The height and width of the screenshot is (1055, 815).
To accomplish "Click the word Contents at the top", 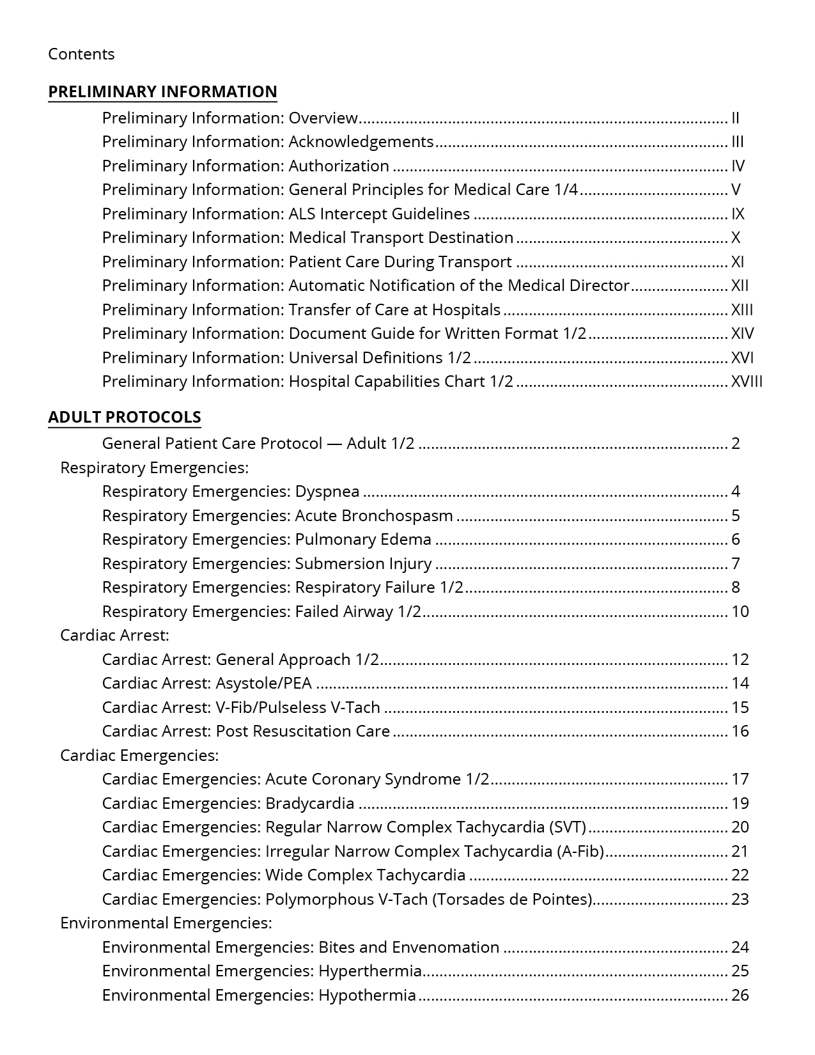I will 81,54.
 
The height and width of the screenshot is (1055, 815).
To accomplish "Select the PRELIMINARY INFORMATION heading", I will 162,91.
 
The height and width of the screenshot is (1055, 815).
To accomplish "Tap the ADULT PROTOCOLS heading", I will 125,417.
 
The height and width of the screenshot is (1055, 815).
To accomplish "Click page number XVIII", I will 747,382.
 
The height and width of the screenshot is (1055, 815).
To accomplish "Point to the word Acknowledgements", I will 361,142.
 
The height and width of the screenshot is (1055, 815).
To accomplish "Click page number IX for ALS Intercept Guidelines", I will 738,214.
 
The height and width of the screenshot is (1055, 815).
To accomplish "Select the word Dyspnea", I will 327,492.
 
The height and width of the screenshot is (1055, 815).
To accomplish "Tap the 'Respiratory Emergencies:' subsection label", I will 154,468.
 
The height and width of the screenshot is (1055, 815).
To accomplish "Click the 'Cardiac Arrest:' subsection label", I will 114,636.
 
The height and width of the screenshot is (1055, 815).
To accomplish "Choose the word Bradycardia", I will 309,804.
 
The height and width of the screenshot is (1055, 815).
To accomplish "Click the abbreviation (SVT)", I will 567,827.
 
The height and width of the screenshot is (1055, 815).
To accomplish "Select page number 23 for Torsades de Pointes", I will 740,900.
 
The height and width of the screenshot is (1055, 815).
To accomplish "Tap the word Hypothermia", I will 367,996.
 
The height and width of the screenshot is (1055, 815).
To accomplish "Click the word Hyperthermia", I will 369,971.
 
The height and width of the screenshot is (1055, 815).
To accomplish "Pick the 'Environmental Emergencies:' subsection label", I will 166,923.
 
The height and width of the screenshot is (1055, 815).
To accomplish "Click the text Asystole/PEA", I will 263,684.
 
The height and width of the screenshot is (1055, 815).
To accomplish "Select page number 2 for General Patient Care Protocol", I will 736,444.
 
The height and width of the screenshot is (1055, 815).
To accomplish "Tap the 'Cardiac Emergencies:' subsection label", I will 139,756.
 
